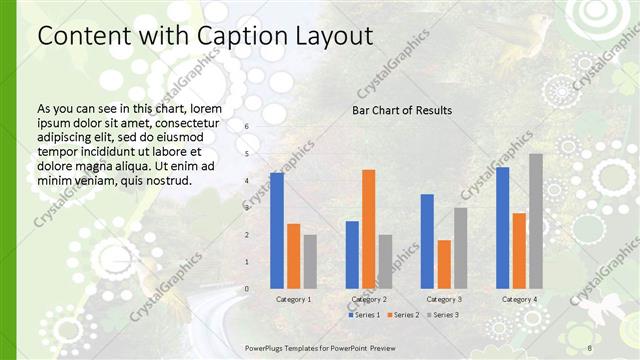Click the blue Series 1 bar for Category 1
pos(277,231)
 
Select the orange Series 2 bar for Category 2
pos(368,229)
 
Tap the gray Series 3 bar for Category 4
pos(536,221)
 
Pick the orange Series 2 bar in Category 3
pos(444,264)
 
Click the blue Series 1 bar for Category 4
pos(502,228)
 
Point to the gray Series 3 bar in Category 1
pos(310,262)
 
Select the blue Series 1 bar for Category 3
pos(427,241)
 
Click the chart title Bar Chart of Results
pos(402,110)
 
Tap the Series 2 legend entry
pos(402,315)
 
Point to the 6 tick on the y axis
pos(247,127)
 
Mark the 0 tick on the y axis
pos(247,289)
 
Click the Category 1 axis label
pos(293,299)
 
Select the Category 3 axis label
pos(443,299)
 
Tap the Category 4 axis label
pos(519,299)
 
